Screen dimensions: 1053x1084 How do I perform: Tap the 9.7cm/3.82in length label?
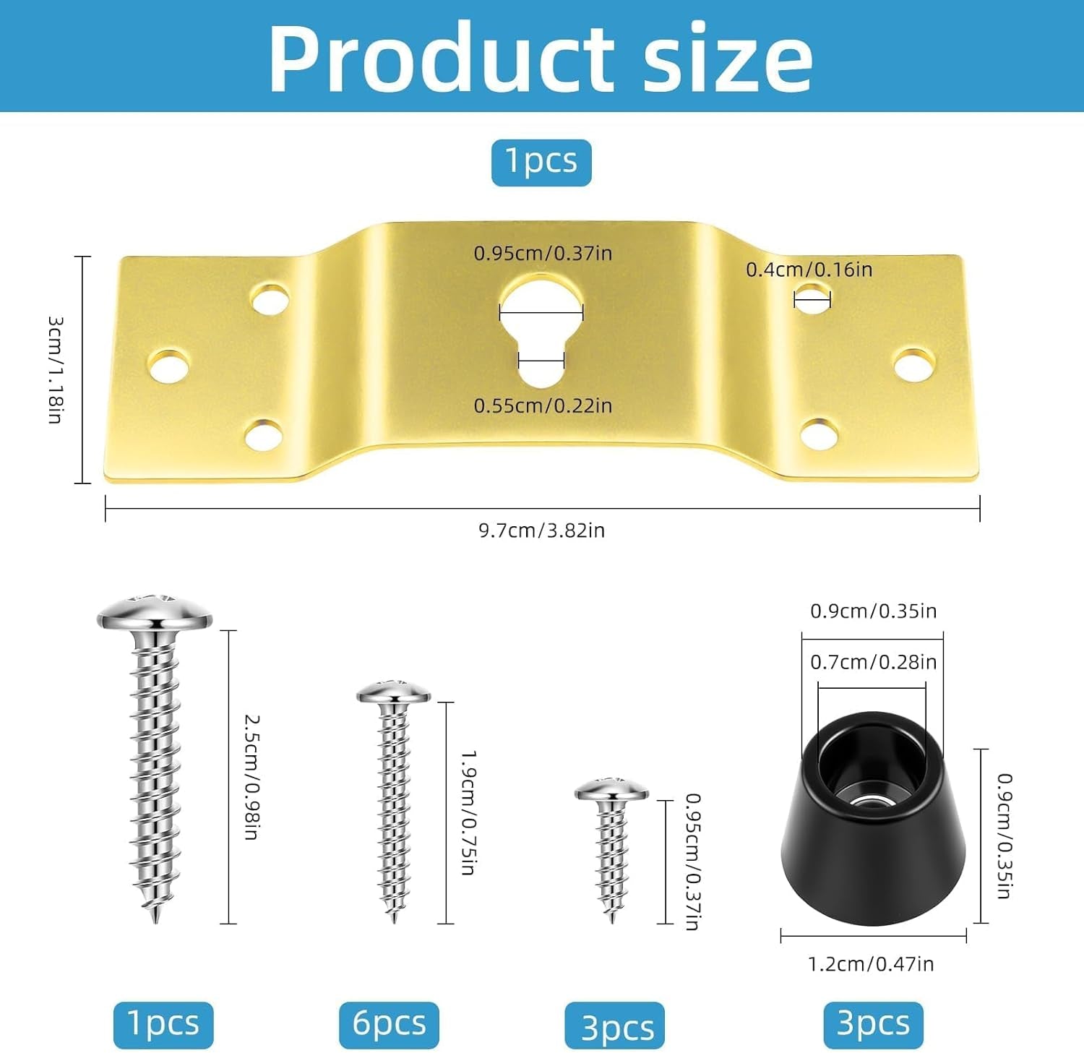point(541,530)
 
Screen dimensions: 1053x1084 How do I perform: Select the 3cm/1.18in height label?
point(55,369)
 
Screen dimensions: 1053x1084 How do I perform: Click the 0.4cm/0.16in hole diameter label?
point(809,270)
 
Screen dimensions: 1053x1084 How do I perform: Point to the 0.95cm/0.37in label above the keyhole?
point(543,254)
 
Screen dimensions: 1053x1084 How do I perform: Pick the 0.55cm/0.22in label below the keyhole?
point(543,406)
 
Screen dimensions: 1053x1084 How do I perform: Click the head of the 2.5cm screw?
point(155,614)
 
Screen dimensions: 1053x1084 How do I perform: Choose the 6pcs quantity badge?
point(389,1024)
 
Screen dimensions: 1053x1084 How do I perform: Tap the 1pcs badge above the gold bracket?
point(541,162)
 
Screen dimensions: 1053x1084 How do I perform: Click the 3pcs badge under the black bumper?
point(873,1024)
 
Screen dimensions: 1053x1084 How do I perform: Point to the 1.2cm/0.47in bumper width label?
point(871,964)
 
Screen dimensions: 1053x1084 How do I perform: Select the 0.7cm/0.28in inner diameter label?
point(873,662)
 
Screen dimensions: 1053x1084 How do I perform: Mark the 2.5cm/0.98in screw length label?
point(251,777)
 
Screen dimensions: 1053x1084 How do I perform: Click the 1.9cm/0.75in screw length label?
point(468,812)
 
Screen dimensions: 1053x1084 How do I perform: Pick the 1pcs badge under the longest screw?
point(163,1024)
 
